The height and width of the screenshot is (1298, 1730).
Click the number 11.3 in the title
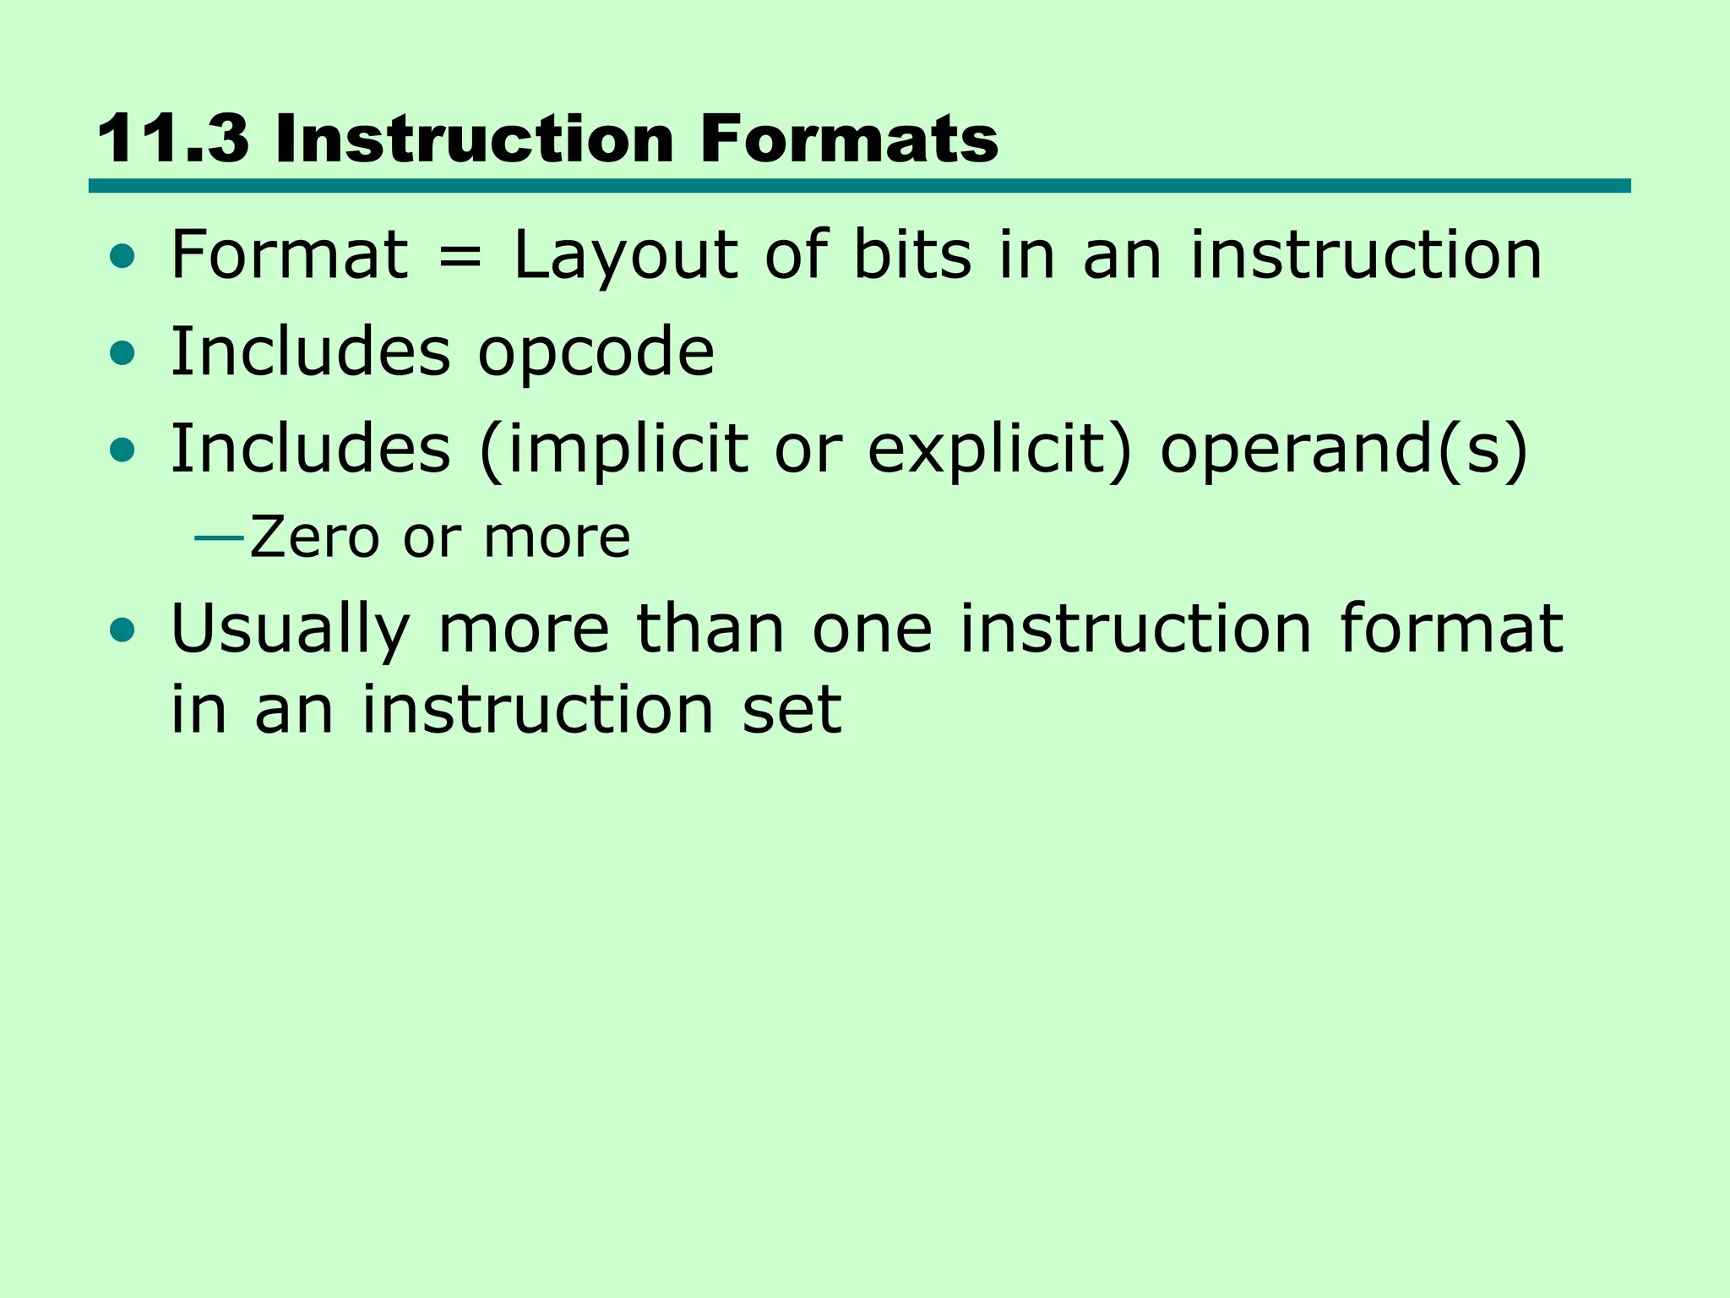coord(172,139)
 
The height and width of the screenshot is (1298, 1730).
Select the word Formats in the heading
coord(849,139)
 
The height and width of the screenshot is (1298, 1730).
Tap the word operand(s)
coord(1344,450)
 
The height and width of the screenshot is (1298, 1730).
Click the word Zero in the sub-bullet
coord(314,538)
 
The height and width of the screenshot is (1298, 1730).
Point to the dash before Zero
coord(219,538)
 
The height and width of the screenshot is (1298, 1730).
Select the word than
coord(710,629)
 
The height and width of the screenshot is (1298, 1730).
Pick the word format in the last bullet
coord(1451,629)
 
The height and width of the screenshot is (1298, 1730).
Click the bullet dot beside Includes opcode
coord(122,353)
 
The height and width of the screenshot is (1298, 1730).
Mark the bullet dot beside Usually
coord(122,630)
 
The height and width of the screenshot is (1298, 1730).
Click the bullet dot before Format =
coord(122,257)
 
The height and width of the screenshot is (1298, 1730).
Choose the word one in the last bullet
coord(872,630)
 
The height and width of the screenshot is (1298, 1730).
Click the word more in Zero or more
coord(557,538)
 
